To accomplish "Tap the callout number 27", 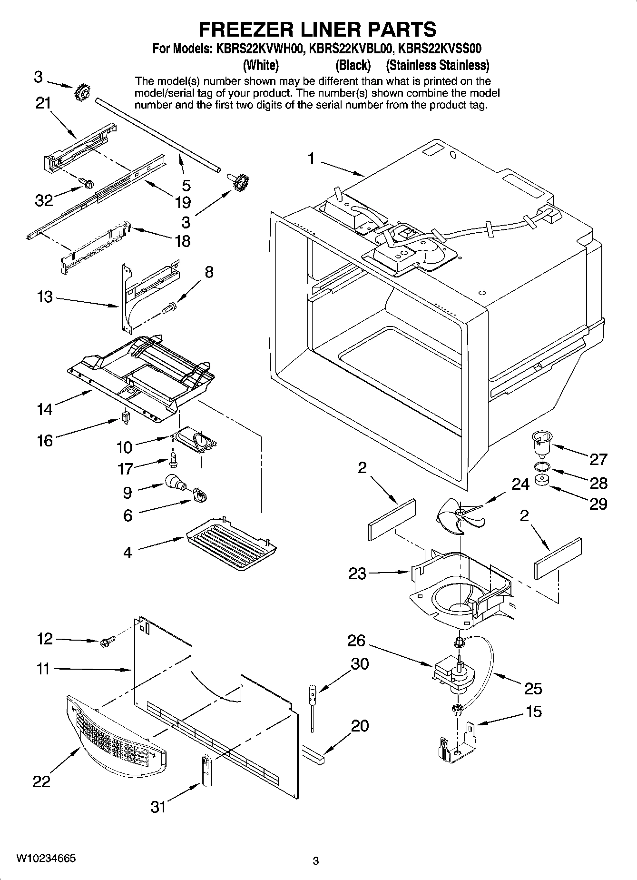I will (598, 459).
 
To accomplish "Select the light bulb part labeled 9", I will (175, 483).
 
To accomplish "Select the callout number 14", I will (45, 409).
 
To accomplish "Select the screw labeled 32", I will (87, 182).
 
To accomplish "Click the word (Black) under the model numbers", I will (353, 65).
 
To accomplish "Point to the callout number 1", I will (311, 158).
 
